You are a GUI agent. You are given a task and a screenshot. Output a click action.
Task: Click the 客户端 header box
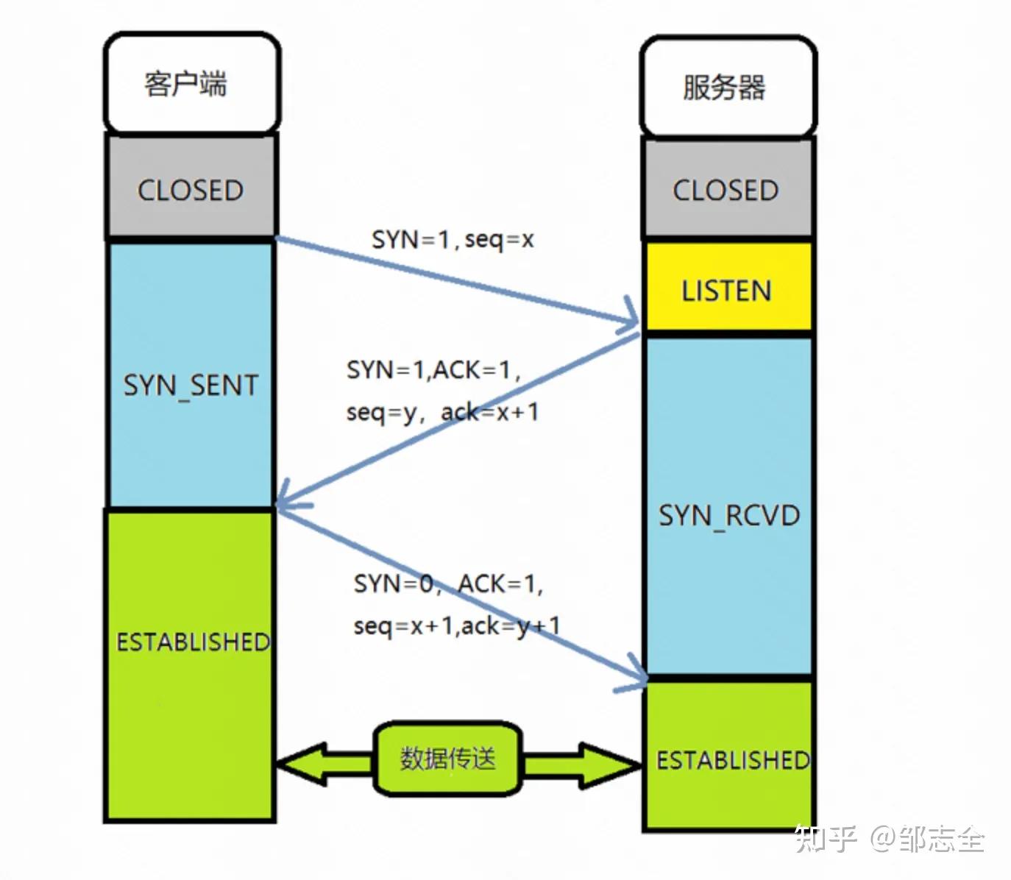click(x=191, y=83)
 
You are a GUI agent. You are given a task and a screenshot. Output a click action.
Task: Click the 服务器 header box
click(x=726, y=88)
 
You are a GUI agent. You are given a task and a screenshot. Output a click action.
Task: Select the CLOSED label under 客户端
click(x=191, y=190)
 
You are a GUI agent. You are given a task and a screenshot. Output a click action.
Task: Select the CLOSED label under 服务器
click(x=726, y=190)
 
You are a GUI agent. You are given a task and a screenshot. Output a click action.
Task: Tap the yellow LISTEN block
click(x=728, y=290)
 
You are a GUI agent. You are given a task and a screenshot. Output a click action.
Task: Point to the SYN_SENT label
click(x=191, y=385)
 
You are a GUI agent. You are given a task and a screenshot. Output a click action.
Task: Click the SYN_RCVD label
click(x=728, y=515)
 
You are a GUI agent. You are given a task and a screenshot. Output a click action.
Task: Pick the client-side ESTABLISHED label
click(x=192, y=642)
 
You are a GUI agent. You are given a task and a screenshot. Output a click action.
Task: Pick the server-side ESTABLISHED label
click(x=731, y=759)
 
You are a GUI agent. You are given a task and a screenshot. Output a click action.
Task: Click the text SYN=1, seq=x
click(x=453, y=239)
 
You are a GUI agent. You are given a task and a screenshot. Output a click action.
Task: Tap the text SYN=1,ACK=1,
click(x=433, y=369)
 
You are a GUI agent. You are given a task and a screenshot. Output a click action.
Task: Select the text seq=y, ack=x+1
click(x=442, y=411)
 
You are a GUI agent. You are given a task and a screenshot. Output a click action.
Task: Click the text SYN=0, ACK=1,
click(x=448, y=583)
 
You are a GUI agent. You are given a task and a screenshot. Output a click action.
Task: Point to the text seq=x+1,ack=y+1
click(x=456, y=625)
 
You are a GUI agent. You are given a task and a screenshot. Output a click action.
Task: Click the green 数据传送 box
click(x=448, y=759)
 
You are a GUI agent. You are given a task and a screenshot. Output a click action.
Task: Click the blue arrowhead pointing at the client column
click(x=287, y=500)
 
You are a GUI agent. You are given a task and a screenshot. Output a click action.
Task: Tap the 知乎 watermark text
click(x=825, y=839)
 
